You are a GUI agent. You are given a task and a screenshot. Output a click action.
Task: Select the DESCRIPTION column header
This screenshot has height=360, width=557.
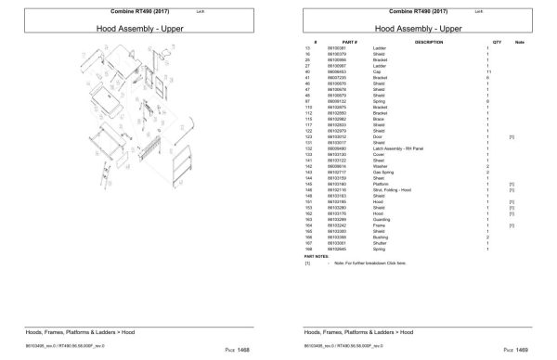429,43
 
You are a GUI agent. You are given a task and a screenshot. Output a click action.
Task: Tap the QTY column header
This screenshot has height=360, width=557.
497,43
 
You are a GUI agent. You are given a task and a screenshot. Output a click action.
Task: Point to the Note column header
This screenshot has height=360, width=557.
520,43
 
